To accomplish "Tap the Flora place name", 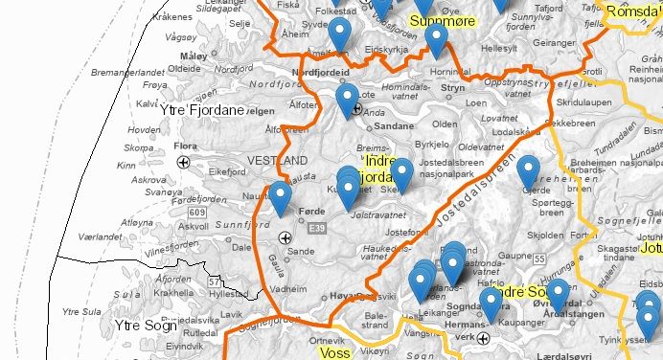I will point(186,147).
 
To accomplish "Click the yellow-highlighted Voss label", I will point(334,352).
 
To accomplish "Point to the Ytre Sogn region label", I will point(140,326).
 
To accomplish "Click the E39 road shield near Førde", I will point(317,227).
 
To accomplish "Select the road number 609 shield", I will point(198,212).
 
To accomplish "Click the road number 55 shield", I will point(539,259).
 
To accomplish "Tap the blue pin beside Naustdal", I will point(280,197).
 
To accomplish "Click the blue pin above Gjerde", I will point(528,170).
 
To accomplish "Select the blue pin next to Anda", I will point(347,98).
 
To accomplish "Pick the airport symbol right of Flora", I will point(182,163).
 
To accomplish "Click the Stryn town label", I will point(453,88).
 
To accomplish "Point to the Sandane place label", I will point(393,125).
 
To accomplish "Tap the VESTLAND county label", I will point(277,160).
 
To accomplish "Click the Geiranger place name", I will point(554,43).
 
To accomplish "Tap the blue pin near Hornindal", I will point(436,39).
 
